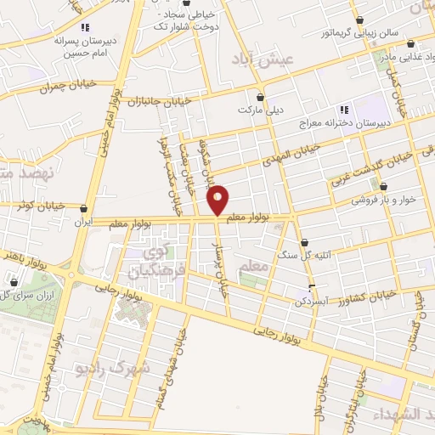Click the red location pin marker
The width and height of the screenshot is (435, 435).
[x=218, y=198]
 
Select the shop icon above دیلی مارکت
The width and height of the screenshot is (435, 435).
[x=259, y=96]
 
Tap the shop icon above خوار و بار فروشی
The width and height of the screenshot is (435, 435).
[x=384, y=187]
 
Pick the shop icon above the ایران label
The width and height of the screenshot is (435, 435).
[x=83, y=208]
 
